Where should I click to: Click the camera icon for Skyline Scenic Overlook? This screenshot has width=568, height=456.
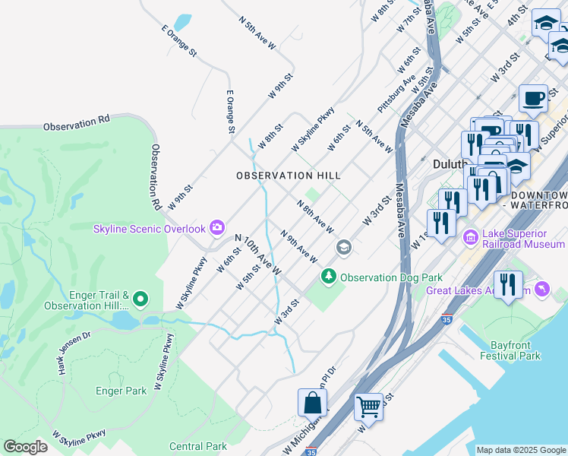[217, 227]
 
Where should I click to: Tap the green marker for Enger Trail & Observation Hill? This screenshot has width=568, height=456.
[140, 300]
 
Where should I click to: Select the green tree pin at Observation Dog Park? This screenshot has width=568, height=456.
[329, 277]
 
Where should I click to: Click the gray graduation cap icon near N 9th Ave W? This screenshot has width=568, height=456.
[343, 247]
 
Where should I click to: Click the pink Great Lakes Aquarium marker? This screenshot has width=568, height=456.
[541, 290]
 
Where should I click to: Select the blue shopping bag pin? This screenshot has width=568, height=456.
[313, 403]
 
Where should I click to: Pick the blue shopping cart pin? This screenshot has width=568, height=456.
[368, 407]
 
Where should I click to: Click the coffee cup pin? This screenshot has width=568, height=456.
[533, 98]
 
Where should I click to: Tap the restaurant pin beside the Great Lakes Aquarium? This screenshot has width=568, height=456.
[508, 285]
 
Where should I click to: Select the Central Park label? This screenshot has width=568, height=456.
[197, 446]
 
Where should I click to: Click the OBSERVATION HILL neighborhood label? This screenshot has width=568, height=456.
[288, 176]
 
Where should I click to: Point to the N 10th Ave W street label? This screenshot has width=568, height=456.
[258, 255]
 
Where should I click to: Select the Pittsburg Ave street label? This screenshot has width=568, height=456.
[397, 93]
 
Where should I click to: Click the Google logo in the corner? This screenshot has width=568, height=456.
[25, 447]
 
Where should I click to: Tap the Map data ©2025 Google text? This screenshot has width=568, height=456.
[521, 450]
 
